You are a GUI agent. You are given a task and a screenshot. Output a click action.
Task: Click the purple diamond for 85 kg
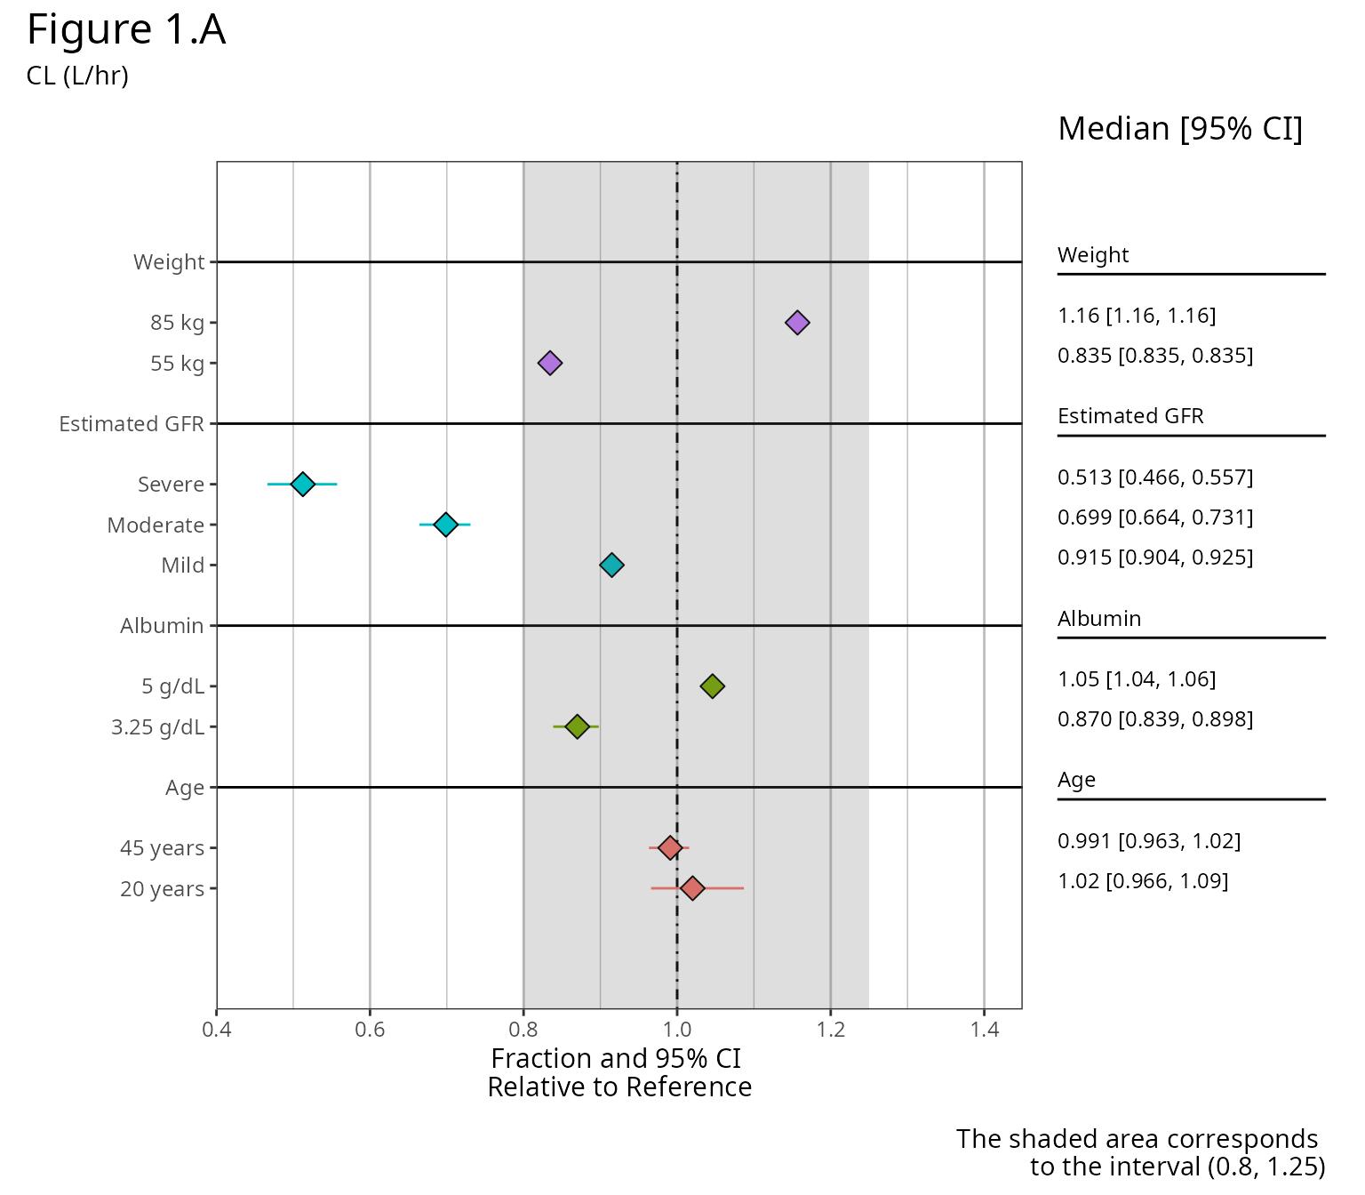click(797, 323)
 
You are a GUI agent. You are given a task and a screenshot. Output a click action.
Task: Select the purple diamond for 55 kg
click(550, 363)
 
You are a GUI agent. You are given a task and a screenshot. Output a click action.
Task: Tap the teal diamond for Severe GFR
click(303, 485)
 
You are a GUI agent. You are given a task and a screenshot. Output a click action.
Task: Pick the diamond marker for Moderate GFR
click(446, 525)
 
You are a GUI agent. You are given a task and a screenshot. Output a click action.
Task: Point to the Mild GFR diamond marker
click(611, 565)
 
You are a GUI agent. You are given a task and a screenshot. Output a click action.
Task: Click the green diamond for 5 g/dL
click(712, 686)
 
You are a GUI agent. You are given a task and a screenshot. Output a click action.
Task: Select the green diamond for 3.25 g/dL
click(578, 726)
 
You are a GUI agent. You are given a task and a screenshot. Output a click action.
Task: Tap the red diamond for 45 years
click(670, 847)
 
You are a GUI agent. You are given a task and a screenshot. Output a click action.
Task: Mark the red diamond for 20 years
click(692, 888)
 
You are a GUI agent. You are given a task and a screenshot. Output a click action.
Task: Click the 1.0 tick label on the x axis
click(677, 1031)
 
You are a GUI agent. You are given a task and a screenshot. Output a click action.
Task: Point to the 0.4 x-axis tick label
click(217, 1031)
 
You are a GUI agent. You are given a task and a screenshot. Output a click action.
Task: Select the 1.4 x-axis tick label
click(985, 1031)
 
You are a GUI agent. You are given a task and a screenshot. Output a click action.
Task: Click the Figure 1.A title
click(126, 30)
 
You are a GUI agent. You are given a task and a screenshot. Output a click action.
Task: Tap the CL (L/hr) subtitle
click(77, 76)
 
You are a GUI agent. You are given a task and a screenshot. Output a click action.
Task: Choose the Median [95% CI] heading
click(1180, 129)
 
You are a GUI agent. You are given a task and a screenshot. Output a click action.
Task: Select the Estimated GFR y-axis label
click(132, 424)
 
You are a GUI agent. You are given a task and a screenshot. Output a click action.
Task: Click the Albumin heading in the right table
click(1099, 619)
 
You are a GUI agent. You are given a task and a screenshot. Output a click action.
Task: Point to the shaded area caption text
click(1140, 1152)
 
